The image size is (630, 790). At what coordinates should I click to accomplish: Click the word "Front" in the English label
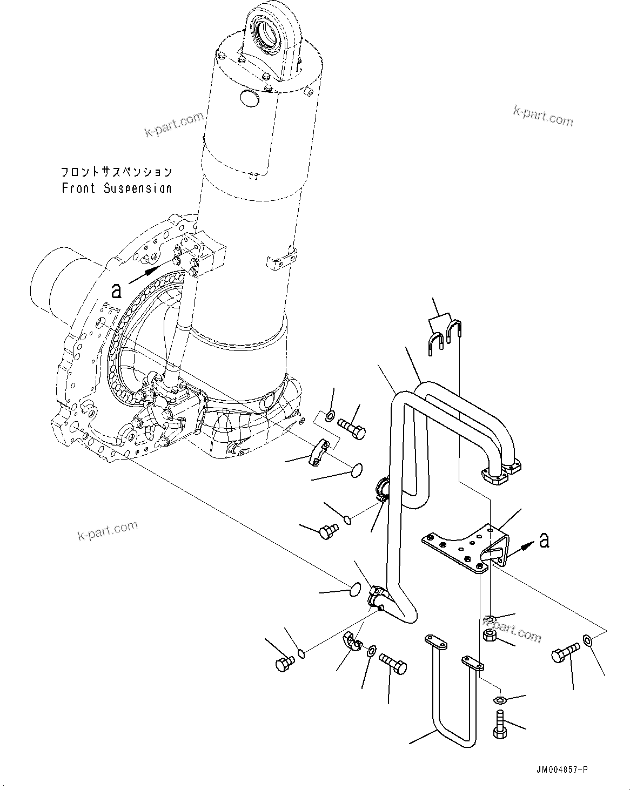(x=78, y=188)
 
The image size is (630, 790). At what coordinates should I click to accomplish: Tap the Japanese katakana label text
(x=116, y=172)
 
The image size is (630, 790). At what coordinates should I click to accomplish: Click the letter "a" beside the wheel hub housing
(x=116, y=291)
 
